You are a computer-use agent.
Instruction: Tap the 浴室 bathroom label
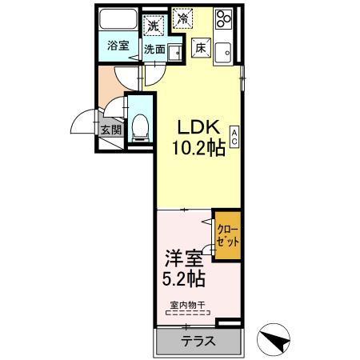click(x=118, y=46)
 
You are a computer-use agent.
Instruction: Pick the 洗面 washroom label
click(x=154, y=50)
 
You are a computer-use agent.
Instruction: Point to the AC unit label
click(x=234, y=137)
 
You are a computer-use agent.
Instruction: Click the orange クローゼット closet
click(x=227, y=234)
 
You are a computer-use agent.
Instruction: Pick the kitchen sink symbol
click(x=222, y=49)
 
